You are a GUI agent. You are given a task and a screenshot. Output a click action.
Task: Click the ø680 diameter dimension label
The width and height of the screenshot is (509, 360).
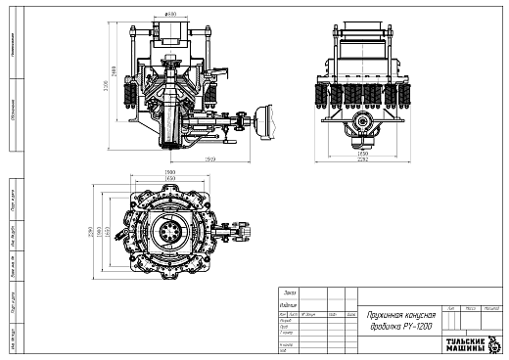point(170,15)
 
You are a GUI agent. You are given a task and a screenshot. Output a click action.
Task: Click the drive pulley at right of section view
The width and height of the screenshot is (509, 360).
point(261,120)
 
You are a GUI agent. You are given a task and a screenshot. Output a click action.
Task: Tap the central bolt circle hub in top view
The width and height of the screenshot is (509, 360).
point(170,233)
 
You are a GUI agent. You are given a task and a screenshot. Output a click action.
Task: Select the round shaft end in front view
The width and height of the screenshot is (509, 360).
point(363,123)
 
